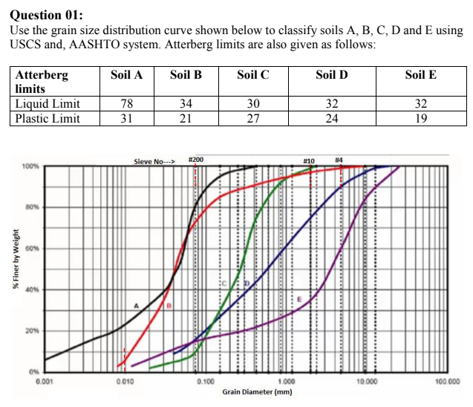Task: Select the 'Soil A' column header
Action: point(126,75)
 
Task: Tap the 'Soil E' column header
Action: point(420,75)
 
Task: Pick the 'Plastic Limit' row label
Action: point(49,118)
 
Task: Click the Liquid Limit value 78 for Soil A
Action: point(126,103)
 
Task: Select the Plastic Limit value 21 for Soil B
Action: point(186,118)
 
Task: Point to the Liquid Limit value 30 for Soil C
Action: point(252,103)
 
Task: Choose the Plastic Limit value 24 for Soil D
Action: point(331,118)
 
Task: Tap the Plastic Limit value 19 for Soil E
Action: point(420,118)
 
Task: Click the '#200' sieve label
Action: point(196,160)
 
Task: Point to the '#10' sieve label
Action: point(310,160)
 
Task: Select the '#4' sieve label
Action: point(339,160)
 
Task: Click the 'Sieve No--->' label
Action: point(154,160)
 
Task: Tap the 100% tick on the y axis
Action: point(33,167)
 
